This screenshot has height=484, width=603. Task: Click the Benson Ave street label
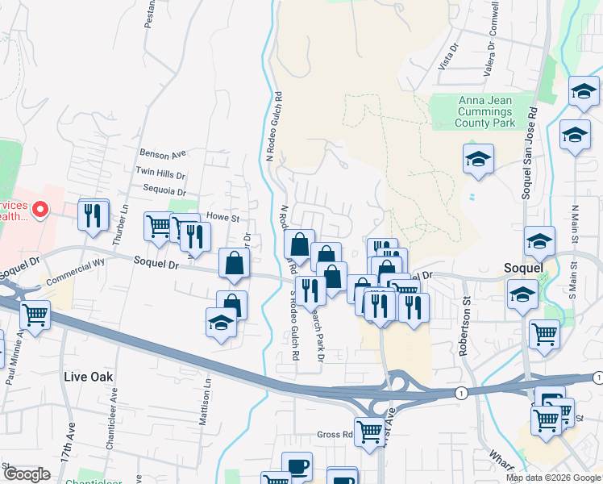coord(162,152)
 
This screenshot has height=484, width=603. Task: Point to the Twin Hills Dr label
coord(160,173)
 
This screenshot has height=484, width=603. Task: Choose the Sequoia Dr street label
coord(161,192)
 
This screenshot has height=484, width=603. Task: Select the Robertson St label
coord(464,332)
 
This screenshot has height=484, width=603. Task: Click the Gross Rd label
coord(335,434)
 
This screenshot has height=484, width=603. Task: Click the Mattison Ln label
coord(206,406)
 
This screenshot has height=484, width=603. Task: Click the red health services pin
coord(40,211)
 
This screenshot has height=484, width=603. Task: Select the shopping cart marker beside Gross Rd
coord(368,431)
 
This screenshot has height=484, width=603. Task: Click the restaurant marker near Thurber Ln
coord(94,215)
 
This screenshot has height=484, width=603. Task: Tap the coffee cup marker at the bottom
coord(297,466)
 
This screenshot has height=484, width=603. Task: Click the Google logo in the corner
coord(26,474)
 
